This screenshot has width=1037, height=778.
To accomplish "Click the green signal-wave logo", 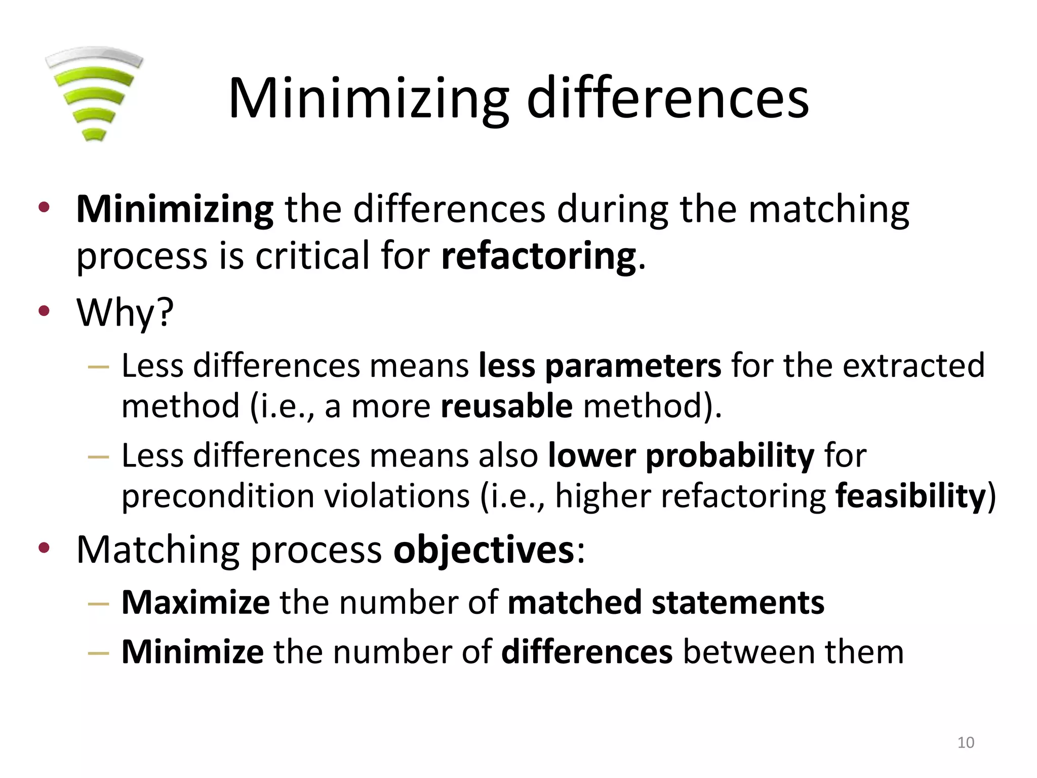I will tap(94, 94).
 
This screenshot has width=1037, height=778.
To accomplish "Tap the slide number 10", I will tap(966, 743).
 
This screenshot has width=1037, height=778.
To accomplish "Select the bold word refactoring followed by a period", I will tap(538, 256).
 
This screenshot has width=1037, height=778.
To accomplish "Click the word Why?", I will tap(125, 313).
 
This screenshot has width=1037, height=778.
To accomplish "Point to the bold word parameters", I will tap(633, 366).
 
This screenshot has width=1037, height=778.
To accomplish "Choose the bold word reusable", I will tap(506, 406).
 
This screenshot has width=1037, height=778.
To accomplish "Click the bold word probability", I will tap(730, 455).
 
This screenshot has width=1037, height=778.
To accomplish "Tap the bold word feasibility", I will tap(910, 496).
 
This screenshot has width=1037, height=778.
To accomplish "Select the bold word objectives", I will tap(484, 550).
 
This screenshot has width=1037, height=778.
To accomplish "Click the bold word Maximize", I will tap(195, 603).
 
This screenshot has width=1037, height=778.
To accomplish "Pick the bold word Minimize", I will tap(192, 652).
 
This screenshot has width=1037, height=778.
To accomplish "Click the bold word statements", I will tap(738, 603).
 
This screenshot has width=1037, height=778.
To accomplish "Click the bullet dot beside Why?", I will tap(44, 311).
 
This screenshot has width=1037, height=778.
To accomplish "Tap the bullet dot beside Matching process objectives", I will tap(44, 547).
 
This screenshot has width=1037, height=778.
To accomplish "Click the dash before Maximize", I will tap(98, 604).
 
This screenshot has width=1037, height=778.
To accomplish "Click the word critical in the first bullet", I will tap(312, 256).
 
